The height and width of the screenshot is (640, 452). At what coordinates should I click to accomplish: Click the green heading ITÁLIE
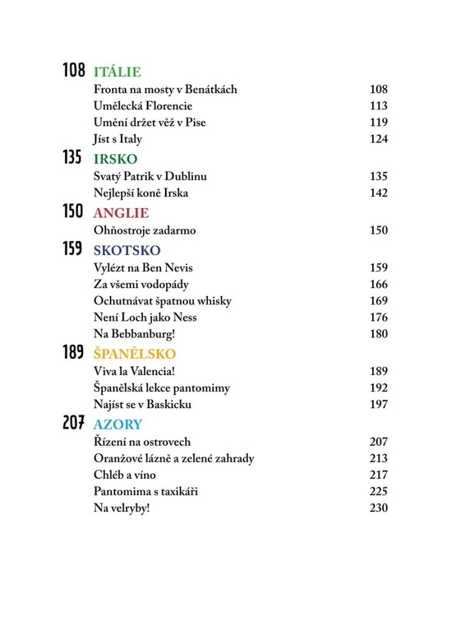coord(117,72)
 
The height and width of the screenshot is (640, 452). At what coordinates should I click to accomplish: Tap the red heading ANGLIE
coord(121,213)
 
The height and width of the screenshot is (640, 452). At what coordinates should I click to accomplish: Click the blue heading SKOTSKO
coord(127,250)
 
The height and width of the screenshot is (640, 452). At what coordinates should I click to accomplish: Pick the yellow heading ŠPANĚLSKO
coord(134,354)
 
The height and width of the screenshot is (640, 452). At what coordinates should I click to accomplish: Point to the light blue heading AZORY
coord(118,424)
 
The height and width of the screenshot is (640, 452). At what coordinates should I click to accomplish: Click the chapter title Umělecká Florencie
coord(143,106)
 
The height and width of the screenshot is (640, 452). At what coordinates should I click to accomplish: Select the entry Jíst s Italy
coord(118,139)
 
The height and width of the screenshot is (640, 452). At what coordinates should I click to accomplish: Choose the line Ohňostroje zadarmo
coord(144,230)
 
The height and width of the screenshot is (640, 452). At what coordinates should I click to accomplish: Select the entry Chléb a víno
coord(124,475)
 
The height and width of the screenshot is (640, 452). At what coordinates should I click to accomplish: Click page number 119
coord(378,122)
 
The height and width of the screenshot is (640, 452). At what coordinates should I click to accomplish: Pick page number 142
coord(378,193)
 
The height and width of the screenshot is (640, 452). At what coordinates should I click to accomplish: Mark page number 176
coord(378,317)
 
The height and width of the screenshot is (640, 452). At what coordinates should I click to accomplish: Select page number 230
coord(378,508)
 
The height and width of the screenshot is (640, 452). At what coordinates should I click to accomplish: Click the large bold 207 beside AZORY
coord(74,424)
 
